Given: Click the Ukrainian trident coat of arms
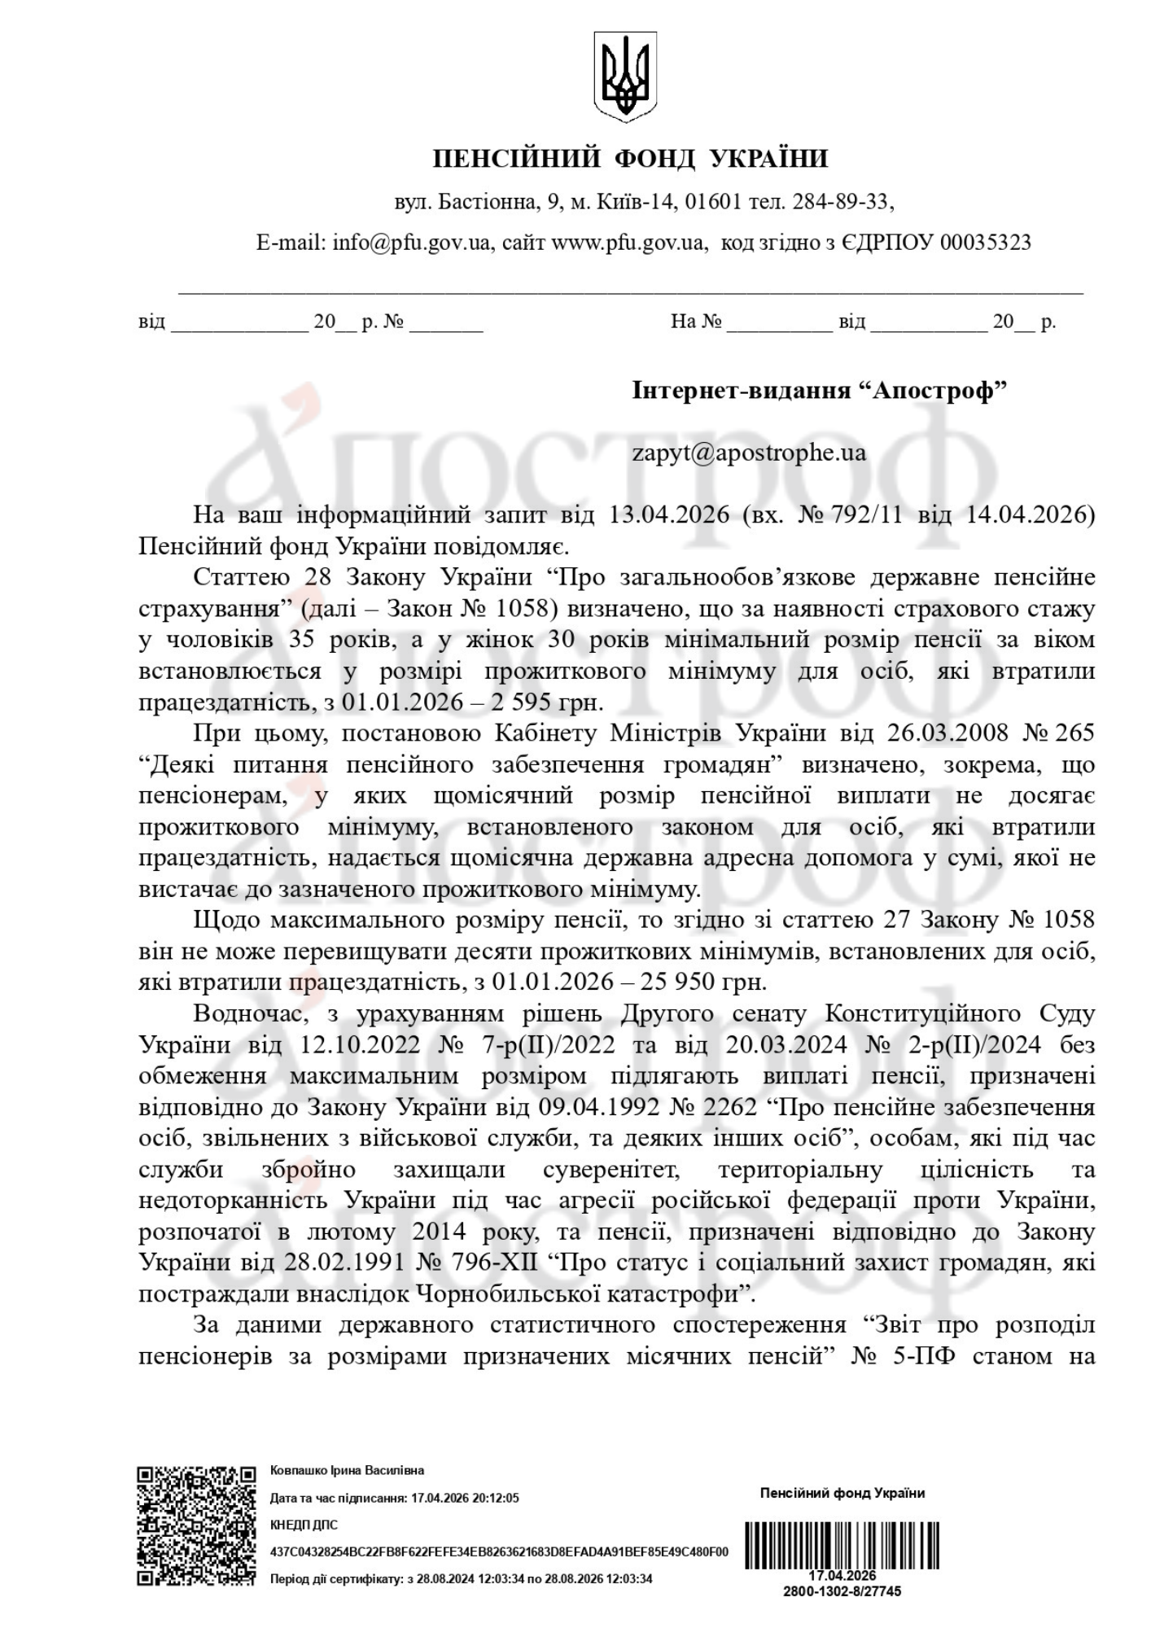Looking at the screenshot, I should pyautogui.click(x=624, y=78).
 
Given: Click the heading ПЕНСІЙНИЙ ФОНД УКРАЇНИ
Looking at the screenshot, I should pyautogui.click(x=630, y=159).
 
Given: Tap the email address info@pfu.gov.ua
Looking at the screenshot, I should pyautogui.click(x=412, y=243).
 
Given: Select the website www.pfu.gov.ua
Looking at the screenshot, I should pyautogui.click(x=628, y=243).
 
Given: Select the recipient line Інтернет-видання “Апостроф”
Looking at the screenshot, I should pyautogui.click(x=819, y=392).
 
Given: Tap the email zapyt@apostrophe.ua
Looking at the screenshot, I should pyautogui.click(x=749, y=453).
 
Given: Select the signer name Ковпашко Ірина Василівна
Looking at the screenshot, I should pyautogui.click(x=347, y=1471).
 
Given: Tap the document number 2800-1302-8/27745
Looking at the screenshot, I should pyautogui.click(x=842, y=1591).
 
